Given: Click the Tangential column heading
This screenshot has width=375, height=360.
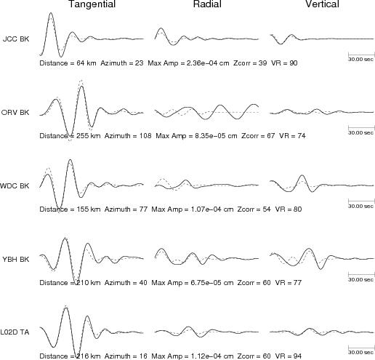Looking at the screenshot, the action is coord(92,4).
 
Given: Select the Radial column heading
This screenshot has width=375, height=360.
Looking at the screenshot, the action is coord(207,4).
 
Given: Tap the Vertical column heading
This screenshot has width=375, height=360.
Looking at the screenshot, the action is coord(322,4).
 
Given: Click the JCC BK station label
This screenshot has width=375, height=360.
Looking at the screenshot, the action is coord(16,39).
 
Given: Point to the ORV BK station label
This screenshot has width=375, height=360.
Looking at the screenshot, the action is coord(15,112).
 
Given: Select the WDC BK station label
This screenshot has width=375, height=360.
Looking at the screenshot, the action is coord(15,185).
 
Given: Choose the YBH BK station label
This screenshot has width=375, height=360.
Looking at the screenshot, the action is coord(16,259).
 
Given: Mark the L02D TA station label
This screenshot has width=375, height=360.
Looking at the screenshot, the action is coord(15,332).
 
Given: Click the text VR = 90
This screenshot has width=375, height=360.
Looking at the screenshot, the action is coord(284,63).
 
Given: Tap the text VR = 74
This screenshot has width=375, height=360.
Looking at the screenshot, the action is coord(292,135).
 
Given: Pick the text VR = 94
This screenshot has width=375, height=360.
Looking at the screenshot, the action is coord(289,356).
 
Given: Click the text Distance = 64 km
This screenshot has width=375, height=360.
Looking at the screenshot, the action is coord(68,63).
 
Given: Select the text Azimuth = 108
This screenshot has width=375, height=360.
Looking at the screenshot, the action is coord(128,135).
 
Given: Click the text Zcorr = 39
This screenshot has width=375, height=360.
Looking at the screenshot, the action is coord(250,63).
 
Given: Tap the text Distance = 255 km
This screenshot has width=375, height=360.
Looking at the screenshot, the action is coord(70,135).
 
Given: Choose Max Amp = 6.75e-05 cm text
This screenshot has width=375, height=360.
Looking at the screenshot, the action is coord(193,282).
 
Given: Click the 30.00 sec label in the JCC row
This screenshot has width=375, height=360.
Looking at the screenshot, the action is coord(361,59).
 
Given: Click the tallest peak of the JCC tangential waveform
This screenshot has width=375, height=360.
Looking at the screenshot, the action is coord(51,12).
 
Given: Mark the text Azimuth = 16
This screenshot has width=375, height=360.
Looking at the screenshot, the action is coord(126,356).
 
